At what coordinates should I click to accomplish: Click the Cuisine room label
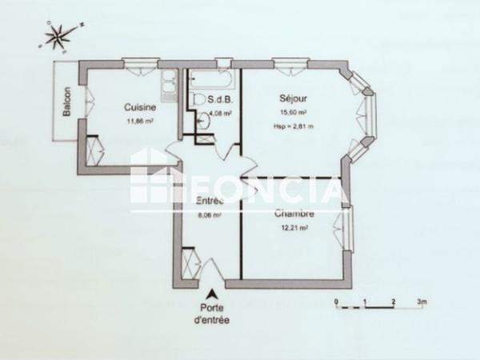pos(139,107)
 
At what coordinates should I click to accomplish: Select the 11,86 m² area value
pos(139,122)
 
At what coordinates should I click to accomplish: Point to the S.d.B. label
pos(219,101)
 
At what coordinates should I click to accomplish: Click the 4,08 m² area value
pos(219,114)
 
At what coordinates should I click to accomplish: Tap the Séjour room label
pos(294,98)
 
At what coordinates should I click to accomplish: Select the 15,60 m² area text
pos(294,113)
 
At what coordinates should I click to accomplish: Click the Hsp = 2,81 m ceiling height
pos(294,126)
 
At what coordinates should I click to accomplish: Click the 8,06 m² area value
pos(208,214)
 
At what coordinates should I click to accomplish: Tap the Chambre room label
pos(294,214)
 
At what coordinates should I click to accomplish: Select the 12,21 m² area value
pos(294,228)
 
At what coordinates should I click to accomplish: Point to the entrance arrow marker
pos(212,294)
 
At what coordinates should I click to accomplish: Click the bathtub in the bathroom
pos(211,81)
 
